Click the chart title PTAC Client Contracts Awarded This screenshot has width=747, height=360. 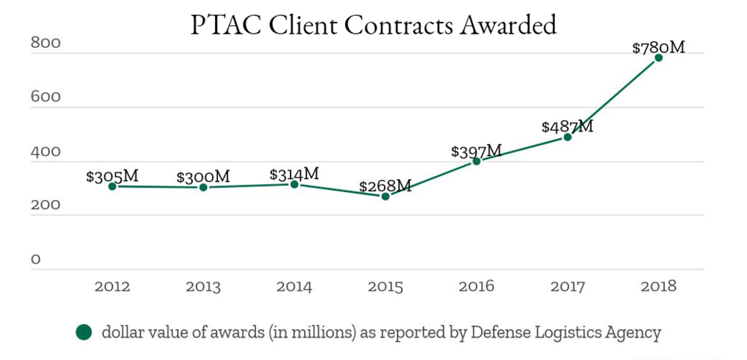coord(373,25)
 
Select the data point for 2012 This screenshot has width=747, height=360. coord(112,186)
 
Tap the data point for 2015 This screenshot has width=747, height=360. coord(385,196)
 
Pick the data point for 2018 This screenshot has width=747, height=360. coord(659,58)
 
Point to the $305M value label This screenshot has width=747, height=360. coord(112,176)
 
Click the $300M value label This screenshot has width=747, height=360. coord(203,177)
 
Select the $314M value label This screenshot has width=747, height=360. coord(294,174)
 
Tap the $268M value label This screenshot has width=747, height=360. coord(385,186)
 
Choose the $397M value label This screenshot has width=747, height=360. coord(477,152)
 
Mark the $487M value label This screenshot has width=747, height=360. coord(568,127)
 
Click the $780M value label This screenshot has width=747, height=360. coord(658,48)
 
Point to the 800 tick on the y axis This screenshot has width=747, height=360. coord(45,43)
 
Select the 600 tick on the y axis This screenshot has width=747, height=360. coord(45,98)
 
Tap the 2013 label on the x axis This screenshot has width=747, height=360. coord(203,286)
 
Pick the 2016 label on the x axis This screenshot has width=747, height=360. coord(477,286)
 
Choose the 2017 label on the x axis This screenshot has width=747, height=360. coord(568,286)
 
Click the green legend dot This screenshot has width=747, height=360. coord(84,332)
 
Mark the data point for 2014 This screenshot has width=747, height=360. coord(294,184)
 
